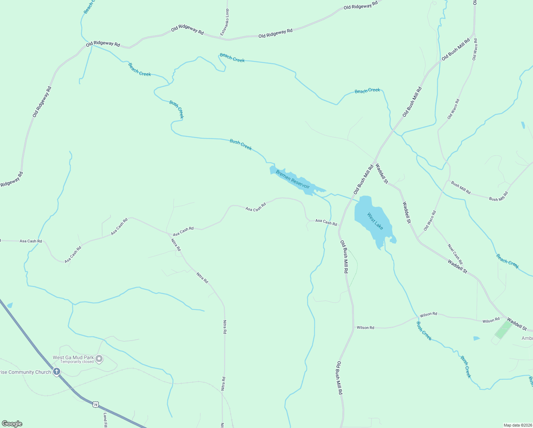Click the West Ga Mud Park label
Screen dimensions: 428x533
[73, 357]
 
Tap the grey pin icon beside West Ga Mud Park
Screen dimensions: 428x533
[99, 359]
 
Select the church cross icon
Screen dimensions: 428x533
[56, 372]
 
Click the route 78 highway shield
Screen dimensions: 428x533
[95, 404]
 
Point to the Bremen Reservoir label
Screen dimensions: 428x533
[293, 180]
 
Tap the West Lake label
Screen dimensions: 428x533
[375, 221]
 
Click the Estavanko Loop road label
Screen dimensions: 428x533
[225, 22]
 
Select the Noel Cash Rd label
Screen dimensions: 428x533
[455, 254]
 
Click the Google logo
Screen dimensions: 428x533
[12, 424]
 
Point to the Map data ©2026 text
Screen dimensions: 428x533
[517, 425]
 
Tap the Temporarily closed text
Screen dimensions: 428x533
[77, 362]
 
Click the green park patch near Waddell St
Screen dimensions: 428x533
[503, 330]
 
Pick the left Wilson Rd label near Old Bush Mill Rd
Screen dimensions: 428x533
[365, 327]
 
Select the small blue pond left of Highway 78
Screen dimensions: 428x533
[10, 305]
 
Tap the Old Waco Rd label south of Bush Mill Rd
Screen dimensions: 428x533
[430, 220]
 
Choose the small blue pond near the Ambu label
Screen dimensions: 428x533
[476, 338]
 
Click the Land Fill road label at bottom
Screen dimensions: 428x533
[105, 420]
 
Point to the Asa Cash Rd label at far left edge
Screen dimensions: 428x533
[31, 241]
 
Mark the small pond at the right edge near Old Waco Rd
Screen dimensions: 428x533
[523, 125]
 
